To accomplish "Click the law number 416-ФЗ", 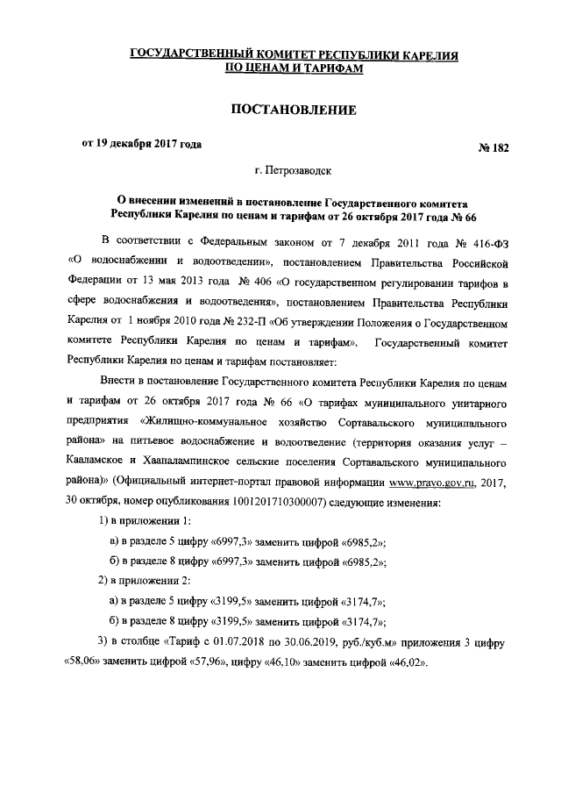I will pos(487,241).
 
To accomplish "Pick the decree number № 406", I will pos(255,282).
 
